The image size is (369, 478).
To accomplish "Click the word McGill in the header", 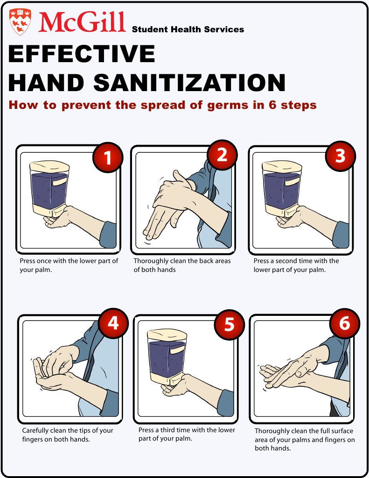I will coord(83,21).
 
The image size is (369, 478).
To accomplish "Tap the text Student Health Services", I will coord(188,29).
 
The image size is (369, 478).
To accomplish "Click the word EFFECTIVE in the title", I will coord(82,54).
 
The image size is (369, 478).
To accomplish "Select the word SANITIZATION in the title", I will coord(189,83).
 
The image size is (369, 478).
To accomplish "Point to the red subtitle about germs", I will coord(162,105).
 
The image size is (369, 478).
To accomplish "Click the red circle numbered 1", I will coord(108,157).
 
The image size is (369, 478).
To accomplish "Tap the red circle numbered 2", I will coord(222,155).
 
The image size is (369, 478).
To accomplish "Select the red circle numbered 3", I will coord(340,156).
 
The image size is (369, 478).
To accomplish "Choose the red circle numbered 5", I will coord(229,324).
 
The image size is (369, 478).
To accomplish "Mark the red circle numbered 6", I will coord(345,323).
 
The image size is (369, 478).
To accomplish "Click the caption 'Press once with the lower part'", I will coord(69,265).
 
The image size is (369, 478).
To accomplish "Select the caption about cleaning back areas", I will coord(182,265).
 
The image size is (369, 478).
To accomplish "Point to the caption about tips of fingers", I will coord(68,435).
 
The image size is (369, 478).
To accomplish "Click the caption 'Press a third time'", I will coord(187,434).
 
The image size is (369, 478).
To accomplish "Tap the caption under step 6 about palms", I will coord(304,439).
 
